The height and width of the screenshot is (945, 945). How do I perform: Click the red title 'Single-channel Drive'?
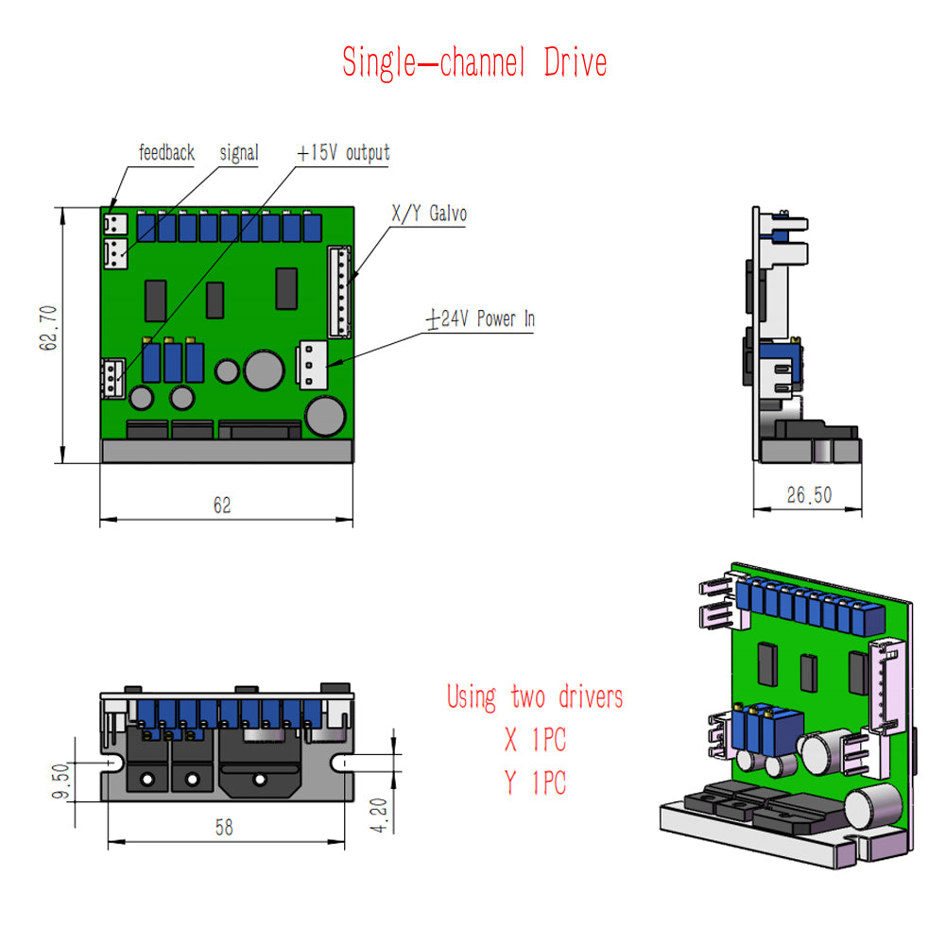474,62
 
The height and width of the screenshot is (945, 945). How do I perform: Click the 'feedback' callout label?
166,152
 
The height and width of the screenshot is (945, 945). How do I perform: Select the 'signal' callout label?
239,153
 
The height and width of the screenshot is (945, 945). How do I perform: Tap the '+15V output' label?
343,152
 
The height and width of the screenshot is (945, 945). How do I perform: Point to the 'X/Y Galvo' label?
429,214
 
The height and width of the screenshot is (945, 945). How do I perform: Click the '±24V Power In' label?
480,318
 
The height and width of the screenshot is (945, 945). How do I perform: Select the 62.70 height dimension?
48,328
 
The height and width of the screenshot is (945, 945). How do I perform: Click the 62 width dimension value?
222,505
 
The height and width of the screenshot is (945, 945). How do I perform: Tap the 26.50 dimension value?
809,495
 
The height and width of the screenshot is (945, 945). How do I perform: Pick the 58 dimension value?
224,828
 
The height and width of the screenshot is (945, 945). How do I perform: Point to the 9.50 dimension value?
60,782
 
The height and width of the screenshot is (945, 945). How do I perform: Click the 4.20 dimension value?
379,816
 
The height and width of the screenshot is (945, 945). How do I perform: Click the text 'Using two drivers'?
535,697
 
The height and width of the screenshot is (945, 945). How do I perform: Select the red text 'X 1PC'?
535,740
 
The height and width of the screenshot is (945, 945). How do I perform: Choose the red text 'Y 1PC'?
535,782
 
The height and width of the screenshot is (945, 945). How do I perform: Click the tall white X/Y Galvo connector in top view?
339,292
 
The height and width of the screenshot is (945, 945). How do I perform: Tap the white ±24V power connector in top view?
312,365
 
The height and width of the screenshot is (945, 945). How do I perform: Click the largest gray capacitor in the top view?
264,370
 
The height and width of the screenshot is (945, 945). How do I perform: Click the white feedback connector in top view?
115,224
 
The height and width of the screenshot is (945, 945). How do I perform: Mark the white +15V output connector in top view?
112,379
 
